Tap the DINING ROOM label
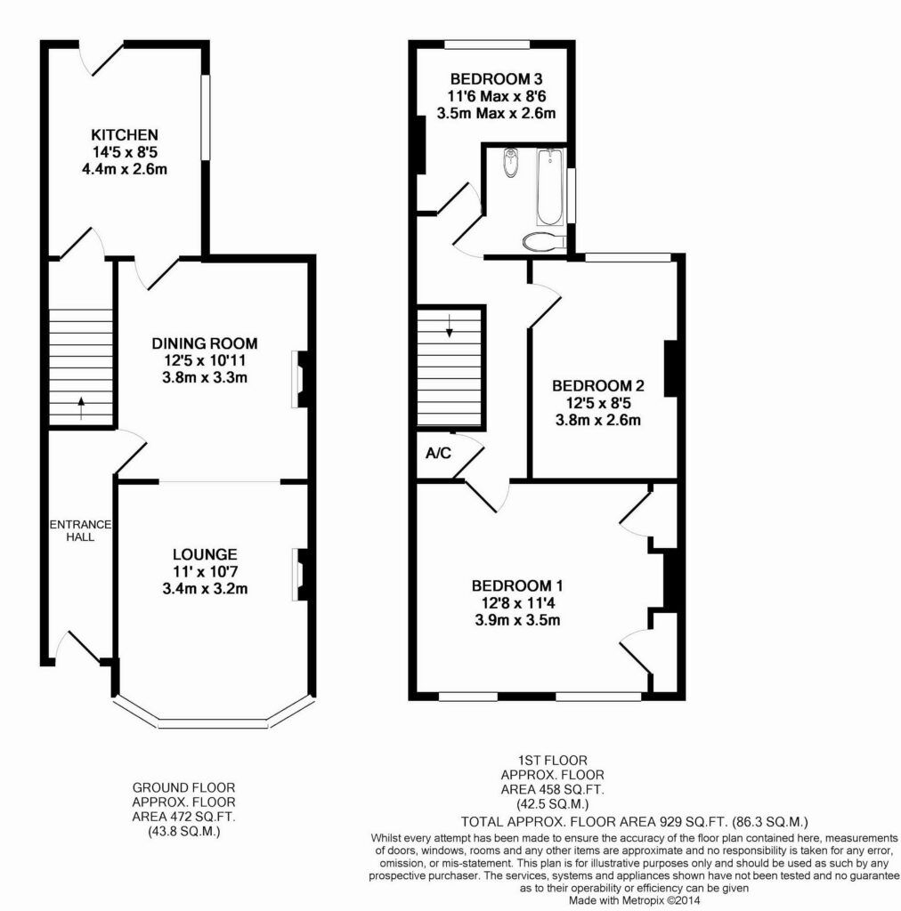(x=204, y=343)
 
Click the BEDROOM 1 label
(x=517, y=586)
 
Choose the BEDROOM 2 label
(x=597, y=386)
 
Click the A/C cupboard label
(x=438, y=454)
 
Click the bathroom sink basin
(x=510, y=162)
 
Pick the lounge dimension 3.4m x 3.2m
(x=205, y=588)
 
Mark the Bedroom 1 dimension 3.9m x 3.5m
(x=517, y=620)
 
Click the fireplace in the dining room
(x=301, y=379)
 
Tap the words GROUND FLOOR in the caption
(x=183, y=787)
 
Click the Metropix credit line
(x=637, y=900)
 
